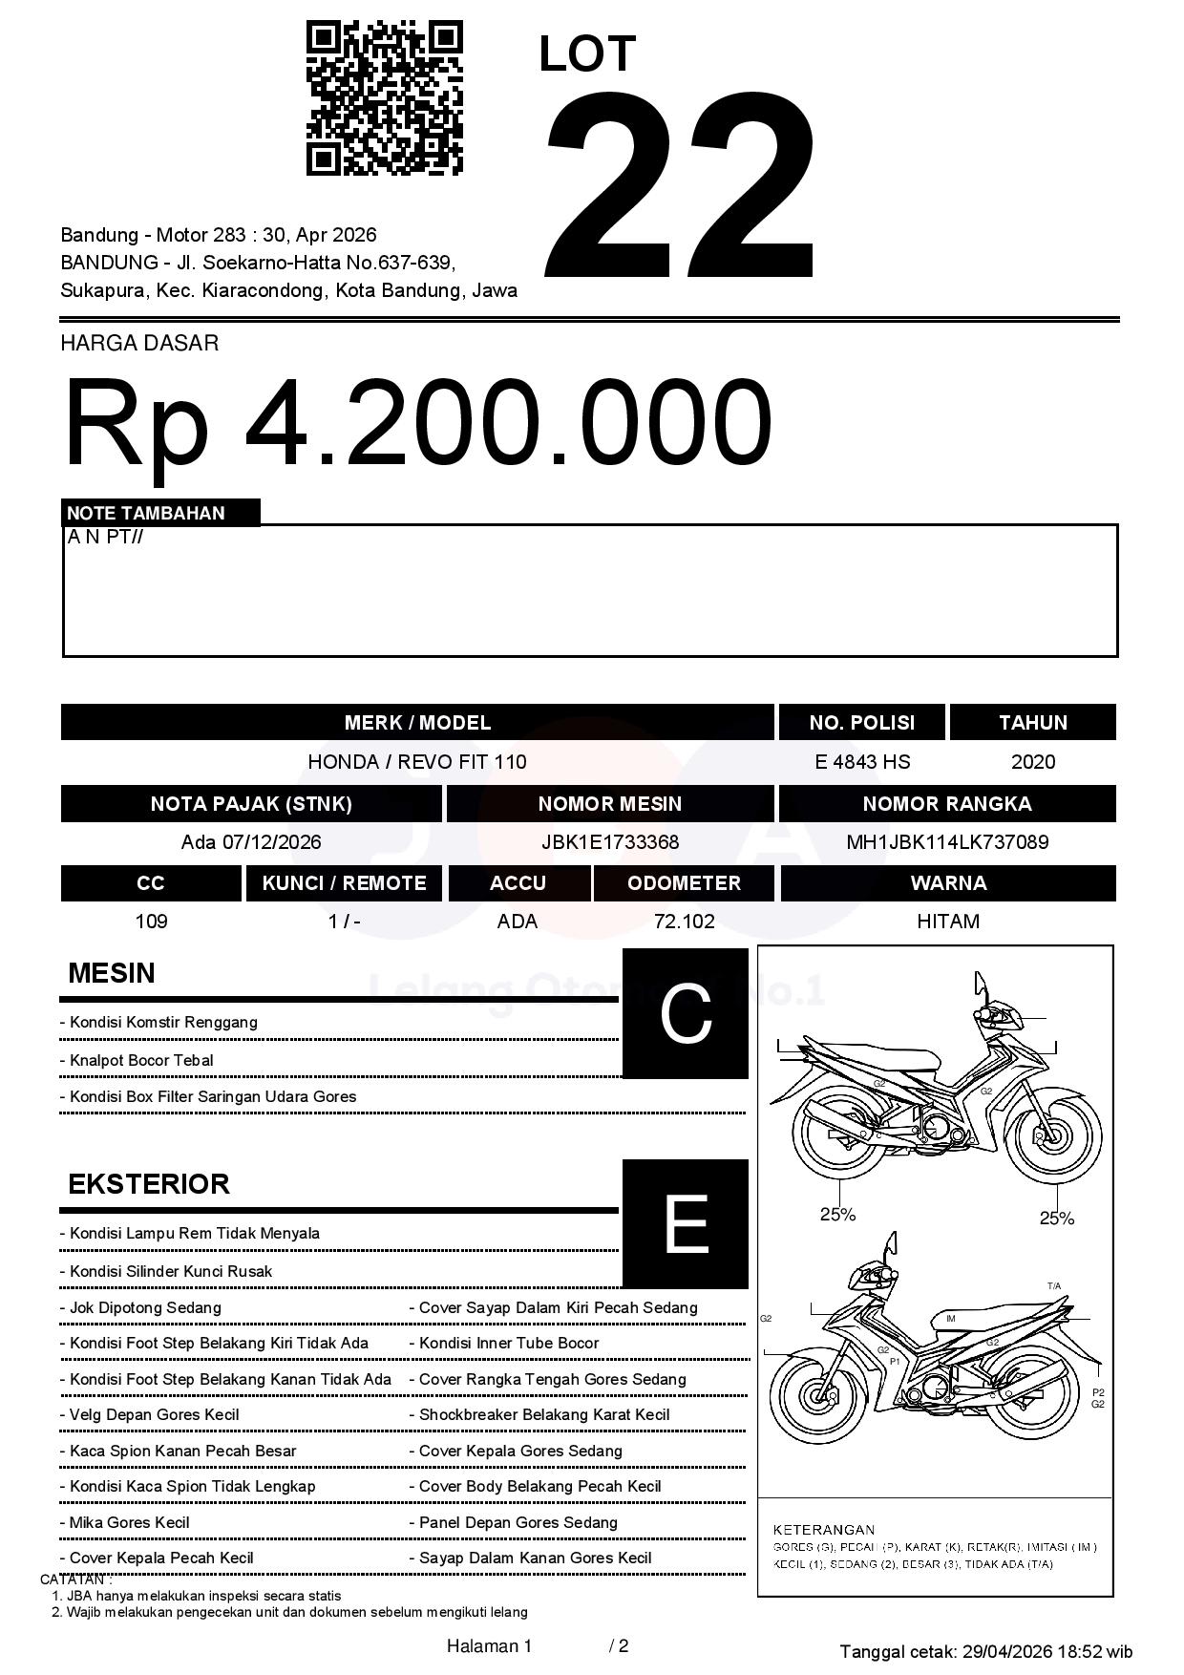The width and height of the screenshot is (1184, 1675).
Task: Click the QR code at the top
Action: click(x=384, y=98)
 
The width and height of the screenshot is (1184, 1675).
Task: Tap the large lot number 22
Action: click(x=680, y=186)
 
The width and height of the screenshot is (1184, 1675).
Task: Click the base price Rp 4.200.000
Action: click(x=417, y=422)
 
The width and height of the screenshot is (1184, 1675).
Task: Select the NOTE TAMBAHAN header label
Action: click(x=146, y=513)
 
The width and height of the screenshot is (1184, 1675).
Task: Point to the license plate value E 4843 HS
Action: click(x=862, y=762)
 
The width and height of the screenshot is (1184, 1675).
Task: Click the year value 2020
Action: click(x=1033, y=762)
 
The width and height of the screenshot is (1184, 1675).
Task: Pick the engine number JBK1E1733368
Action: click(x=610, y=842)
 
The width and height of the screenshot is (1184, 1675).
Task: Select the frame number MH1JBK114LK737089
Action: click(x=947, y=842)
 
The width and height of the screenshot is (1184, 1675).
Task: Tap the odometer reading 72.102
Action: click(x=684, y=922)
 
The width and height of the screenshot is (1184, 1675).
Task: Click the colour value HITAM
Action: click(x=948, y=922)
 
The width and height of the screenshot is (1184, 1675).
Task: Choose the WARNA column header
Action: click(x=948, y=883)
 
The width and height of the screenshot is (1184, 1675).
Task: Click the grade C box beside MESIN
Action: click(x=685, y=1013)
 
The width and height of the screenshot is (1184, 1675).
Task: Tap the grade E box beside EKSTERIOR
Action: click(x=685, y=1223)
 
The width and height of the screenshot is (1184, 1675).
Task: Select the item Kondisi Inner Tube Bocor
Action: click(x=509, y=1343)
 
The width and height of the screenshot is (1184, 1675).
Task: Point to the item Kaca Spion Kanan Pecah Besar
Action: click(x=182, y=1451)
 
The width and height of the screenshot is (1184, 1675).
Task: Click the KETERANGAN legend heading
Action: click(x=824, y=1529)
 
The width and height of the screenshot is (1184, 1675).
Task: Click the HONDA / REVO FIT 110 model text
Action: click(x=417, y=762)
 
